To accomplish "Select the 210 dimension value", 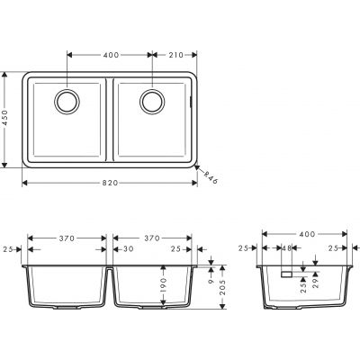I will click(x=175, y=55).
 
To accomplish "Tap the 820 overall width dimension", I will click(x=110, y=183).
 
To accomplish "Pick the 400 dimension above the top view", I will click(x=111, y=55).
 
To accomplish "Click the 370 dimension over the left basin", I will click(x=66, y=239).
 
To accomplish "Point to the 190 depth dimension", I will click(x=163, y=286).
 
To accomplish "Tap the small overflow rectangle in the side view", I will click(x=283, y=271).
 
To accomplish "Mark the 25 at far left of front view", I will click(x=8, y=248).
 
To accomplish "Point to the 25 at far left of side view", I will click(x=244, y=248).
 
